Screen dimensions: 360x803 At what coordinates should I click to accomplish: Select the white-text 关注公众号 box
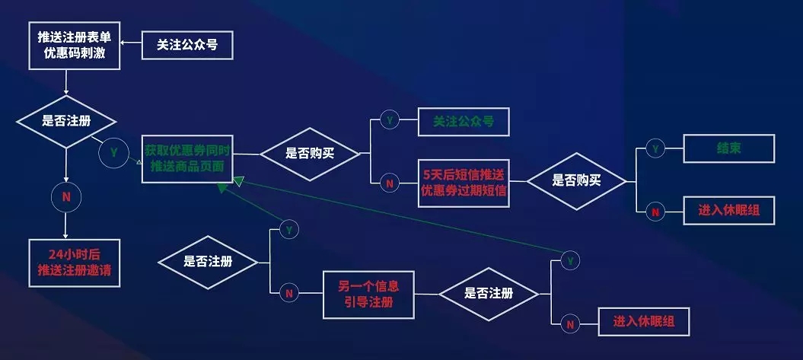[186, 46]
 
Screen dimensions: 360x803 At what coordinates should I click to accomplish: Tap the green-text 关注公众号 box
[463, 121]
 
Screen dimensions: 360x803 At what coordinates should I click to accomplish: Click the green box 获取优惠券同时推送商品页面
[186, 158]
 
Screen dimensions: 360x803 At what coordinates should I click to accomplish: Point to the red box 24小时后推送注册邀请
[73, 263]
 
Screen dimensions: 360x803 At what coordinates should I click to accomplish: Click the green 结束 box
[728, 148]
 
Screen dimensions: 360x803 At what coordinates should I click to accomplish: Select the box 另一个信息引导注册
[368, 295]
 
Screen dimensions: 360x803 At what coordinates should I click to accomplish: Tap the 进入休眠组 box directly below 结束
[728, 211]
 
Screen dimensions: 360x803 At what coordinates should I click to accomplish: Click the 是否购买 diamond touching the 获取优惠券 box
[310, 153]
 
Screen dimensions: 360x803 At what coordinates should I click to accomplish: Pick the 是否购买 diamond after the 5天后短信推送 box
[576, 181]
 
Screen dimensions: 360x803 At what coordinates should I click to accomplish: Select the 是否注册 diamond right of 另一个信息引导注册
[488, 294]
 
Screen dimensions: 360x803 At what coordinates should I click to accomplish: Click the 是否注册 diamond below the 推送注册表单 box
[66, 122]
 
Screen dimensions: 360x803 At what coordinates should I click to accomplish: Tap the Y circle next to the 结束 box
[655, 149]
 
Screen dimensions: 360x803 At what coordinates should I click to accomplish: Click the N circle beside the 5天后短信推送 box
[390, 183]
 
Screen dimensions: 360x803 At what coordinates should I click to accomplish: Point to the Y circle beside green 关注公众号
[390, 120]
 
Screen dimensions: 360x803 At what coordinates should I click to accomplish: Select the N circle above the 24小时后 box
[66, 197]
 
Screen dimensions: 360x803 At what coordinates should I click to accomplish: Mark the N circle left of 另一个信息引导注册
[288, 293]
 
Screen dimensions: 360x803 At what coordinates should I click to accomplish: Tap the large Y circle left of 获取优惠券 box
[113, 152]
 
